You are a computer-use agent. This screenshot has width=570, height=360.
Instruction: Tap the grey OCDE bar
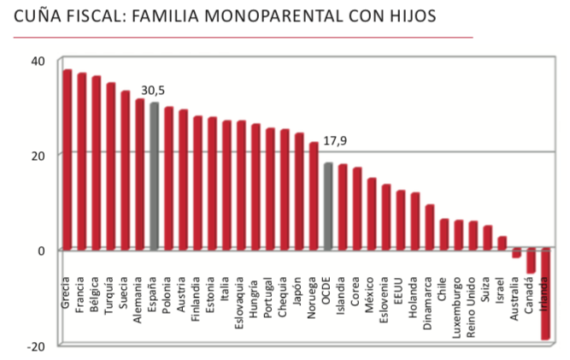click(328, 205)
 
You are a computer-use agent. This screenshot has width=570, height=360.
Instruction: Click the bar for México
click(372, 214)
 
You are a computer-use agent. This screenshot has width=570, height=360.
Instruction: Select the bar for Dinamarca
click(430, 227)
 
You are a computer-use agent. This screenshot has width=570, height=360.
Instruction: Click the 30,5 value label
click(154, 91)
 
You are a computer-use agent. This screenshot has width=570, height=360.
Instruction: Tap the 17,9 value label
click(336, 142)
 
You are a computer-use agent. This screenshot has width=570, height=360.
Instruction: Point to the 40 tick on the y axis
click(38, 60)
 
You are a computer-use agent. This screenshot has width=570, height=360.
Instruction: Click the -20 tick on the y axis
click(37, 345)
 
